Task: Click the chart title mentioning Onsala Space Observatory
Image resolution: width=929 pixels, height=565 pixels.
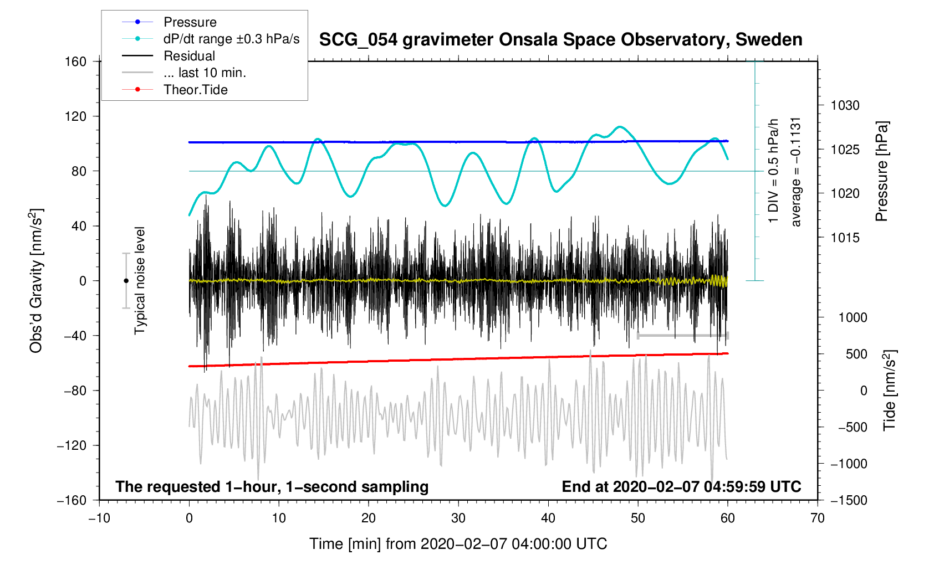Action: (x=560, y=40)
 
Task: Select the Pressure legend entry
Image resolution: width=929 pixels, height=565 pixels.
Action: (x=190, y=22)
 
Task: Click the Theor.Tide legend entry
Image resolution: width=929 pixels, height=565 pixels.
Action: (x=195, y=90)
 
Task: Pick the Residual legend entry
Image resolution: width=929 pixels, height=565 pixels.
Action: (x=189, y=56)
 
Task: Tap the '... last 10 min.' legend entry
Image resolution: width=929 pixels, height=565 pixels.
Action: (x=205, y=73)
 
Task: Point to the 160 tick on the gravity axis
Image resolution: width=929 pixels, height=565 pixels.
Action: (x=76, y=61)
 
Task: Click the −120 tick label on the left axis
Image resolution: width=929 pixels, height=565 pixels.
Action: (x=72, y=445)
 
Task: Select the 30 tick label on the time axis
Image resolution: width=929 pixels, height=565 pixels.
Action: (x=458, y=518)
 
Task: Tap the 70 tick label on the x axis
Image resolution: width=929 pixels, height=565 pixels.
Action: (x=817, y=518)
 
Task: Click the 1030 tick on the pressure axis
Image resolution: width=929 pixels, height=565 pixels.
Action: (x=845, y=105)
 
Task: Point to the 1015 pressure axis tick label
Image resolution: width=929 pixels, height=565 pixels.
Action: (x=845, y=238)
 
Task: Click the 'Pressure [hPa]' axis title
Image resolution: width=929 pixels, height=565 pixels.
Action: (x=882, y=172)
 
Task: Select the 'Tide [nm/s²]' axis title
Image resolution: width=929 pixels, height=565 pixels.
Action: (x=890, y=391)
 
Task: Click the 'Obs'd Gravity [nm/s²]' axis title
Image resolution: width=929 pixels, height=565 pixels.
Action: (x=36, y=281)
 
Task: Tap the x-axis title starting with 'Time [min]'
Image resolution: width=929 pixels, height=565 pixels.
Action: (x=458, y=544)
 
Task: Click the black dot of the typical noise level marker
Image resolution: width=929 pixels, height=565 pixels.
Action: (x=126, y=281)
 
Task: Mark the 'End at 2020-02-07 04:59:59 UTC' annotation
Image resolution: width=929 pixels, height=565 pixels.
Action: (x=681, y=487)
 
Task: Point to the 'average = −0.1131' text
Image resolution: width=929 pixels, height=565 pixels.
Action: (x=796, y=172)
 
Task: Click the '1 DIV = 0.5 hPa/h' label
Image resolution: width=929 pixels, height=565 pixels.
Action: (x=774, y=171)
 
